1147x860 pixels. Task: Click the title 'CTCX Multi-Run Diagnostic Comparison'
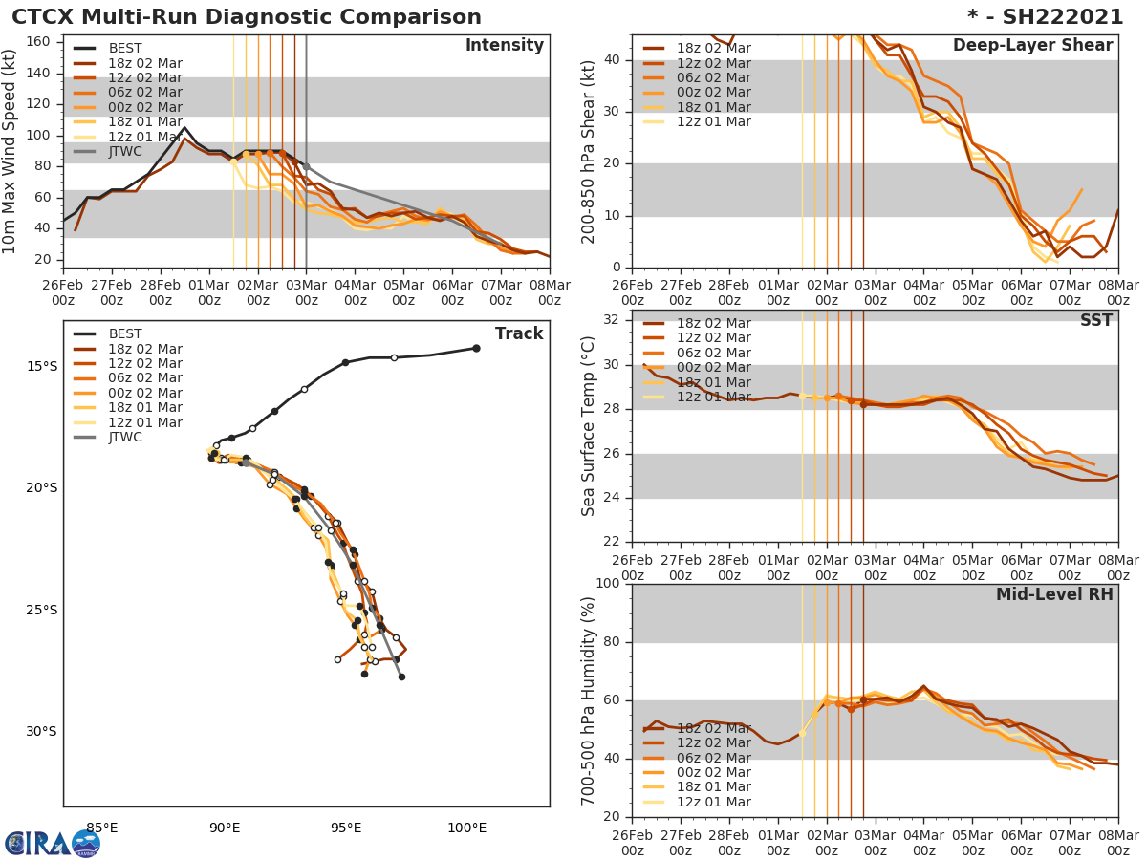tap(247, 17)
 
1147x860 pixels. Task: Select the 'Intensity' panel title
tap(504, 46)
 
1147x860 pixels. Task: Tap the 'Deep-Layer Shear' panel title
tap(1032, 46)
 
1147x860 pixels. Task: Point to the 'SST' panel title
tap(1095, 321)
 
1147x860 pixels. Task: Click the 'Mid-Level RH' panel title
tap(1054, 595)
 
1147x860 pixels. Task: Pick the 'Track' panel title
tap(519, 334)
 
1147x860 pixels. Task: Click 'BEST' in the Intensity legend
tap(125, 49)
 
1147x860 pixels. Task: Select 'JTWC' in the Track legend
tap(125, 438)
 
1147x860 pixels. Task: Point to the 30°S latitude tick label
tap(41, 732)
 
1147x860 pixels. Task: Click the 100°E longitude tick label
tap(466, 828)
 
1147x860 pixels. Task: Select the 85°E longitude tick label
tap(102, 828)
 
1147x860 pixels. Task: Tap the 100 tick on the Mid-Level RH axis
tap(609, 584)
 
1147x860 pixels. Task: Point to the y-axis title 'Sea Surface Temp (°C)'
tap(589, 425)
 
